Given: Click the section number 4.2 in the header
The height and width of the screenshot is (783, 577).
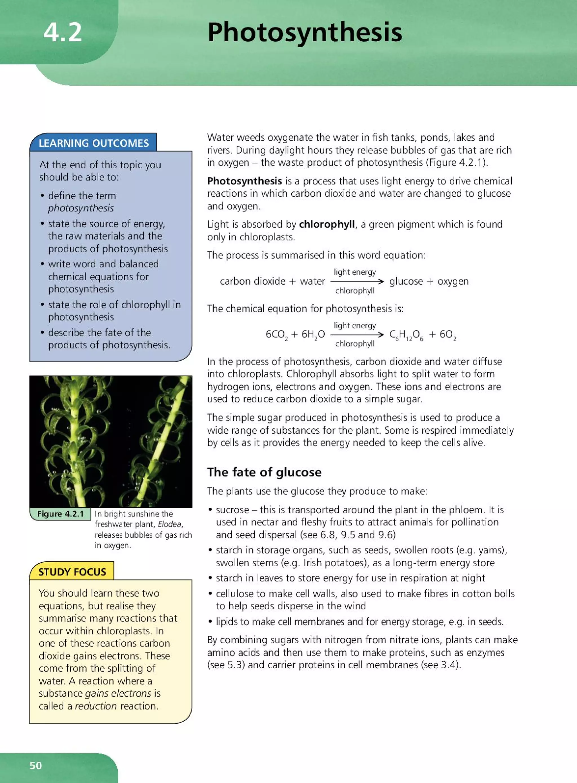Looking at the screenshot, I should pyautogui.click(x=63, y=32).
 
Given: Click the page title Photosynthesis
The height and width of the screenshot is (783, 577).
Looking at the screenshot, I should pyautogui.click(x=305, y=32).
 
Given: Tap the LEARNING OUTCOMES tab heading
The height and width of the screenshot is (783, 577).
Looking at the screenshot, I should pyautogui.click(x=94, y=143).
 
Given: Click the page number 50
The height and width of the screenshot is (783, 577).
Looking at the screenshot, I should pyautogui.click(x=35, y=766).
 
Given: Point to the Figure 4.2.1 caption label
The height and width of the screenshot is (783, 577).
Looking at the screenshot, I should pyautogui.click(x=60, y=514).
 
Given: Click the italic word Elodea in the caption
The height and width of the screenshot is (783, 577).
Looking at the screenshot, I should pyautogui.click(x=170, y=524).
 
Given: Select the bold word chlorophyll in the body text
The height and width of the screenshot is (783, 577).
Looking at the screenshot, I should pyautogui.click(x=327, y=224).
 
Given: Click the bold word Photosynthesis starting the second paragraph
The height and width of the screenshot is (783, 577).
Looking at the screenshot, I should pyautogui.click(x=245, y=181).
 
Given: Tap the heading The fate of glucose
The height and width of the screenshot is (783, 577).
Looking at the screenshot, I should pyautogui.click(x=264, y=472).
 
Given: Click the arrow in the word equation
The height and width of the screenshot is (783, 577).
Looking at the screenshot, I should pyautogui.click(x=357, y=281).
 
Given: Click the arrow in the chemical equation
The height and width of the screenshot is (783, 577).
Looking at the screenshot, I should pyautogui.click(x=357, y=335).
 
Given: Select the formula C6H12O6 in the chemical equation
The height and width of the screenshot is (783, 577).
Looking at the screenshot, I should pyautogui.click(x=406, y=335).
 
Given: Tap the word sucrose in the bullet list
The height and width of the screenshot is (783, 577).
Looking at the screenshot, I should pyautogui.click(x=232, y=510).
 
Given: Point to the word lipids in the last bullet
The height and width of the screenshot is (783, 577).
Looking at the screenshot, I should pyautogui.click(x=227, y=621).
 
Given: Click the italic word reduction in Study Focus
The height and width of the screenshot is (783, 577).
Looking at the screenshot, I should pyautogui.click(x=96, y=706).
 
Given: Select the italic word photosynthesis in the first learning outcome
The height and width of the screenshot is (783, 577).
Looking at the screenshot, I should pyautogui.click(x=81, y=208).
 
